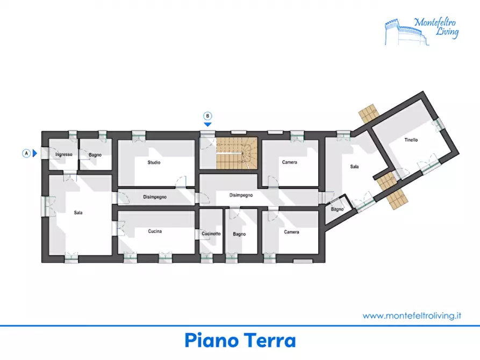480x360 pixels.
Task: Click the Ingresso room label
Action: point(63,155)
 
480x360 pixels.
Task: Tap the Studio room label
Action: point(154,162)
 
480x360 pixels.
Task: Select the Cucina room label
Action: point(155,232)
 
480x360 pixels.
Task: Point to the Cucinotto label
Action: point(211,234)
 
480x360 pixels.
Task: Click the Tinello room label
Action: point(411,140)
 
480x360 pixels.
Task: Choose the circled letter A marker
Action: point(25,153)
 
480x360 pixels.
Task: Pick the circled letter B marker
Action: point(207,116)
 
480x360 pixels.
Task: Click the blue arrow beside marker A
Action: point(35,153)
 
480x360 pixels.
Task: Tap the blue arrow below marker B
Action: point(207,125)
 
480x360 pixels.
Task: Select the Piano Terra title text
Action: point(240,340)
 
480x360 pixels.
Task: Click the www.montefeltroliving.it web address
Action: point(412,316)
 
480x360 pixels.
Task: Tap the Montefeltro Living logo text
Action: point(436,27)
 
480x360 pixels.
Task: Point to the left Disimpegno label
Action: point(155,197)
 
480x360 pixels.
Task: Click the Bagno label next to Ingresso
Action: point(95,155)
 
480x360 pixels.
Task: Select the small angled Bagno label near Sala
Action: point(337,209)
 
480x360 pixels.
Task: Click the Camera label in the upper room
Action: point(290,162)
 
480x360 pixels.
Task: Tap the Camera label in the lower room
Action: point(291,232)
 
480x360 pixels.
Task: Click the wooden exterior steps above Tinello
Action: point(369,113)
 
